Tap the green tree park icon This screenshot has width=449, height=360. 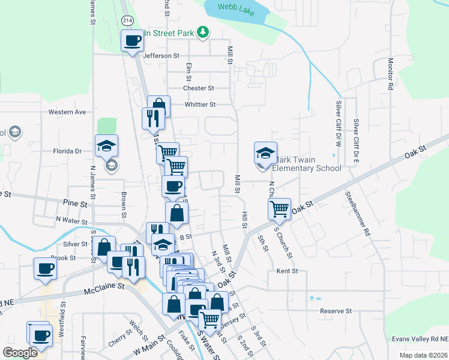203,32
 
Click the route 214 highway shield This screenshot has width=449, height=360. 127,20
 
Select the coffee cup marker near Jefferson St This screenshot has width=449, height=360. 133,41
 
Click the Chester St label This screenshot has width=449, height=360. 199,88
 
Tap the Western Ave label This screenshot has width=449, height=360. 67,112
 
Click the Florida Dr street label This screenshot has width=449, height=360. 67,151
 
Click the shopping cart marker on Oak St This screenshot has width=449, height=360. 279,209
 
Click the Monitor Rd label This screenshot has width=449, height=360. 390,74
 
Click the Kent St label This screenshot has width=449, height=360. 288,271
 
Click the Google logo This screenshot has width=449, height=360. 20,353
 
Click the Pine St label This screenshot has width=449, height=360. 76,204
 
